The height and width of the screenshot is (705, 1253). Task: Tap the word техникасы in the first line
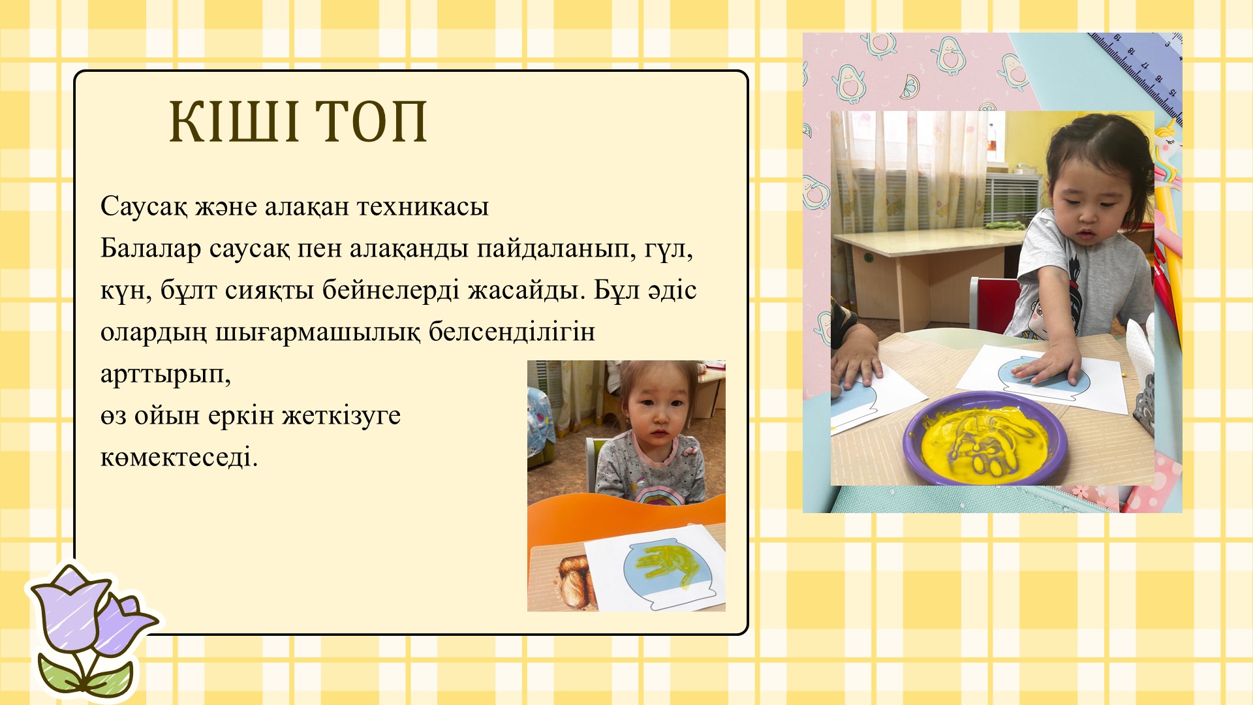tap(423, 206)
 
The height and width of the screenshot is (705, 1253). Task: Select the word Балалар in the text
tap(151, 249)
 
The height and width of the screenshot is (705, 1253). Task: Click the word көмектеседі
tap(179, 457)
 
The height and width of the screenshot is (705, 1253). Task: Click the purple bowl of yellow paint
tap(985, 437)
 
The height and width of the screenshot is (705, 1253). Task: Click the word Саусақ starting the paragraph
tap(144, 207)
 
